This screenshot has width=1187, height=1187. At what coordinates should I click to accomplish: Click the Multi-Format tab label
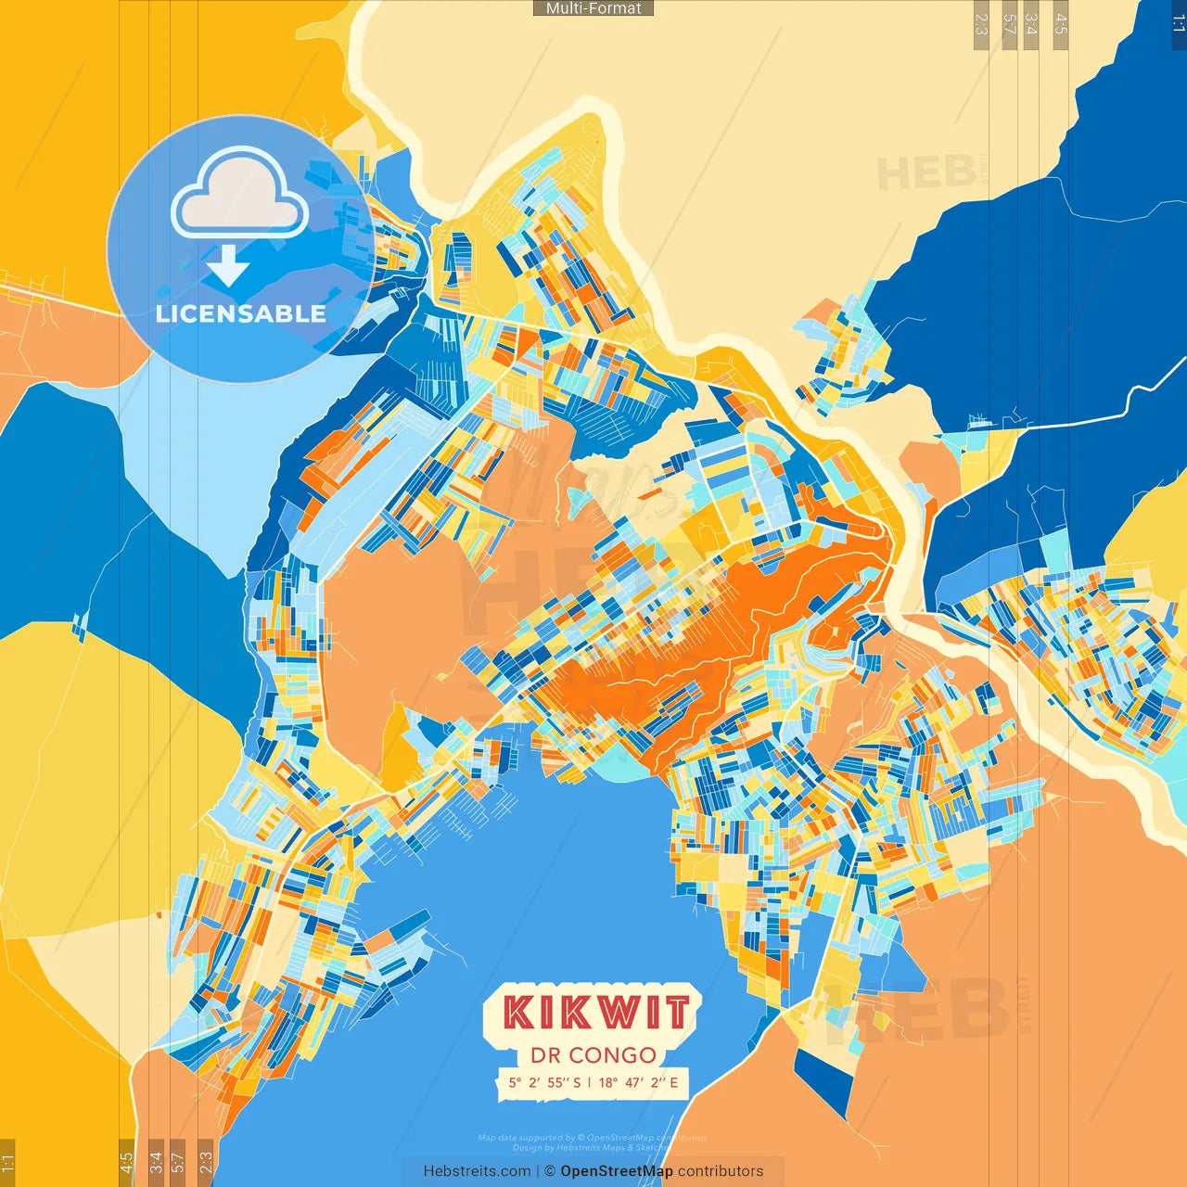pyautogui.click(x=593, y=8)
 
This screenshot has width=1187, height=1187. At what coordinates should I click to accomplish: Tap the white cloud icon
pyautogui.click(x=239, y=196)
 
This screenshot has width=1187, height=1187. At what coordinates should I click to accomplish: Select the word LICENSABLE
pyautogui.click(x=241, y=313)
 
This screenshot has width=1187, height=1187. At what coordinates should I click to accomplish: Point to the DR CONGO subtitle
pyautogui.click(x=593, y=1055)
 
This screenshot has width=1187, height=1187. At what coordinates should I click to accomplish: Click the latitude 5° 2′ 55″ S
pyautogui.click(x=544, y=1082)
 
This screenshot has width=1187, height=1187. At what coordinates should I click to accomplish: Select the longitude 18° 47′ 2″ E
pyautogui.click(x=638, y=1082)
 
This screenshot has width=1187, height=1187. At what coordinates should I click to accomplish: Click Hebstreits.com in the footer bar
pyautogui.click(x=477, y=1171)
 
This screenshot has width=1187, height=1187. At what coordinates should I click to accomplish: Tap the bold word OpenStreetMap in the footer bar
pyautogui.click(x=617, y=1171)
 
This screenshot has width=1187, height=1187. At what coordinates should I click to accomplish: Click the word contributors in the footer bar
pyautogui.click(x=721, y=1171)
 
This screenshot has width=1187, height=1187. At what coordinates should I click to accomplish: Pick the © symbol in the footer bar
pyautogui.click(x=549, y=1171)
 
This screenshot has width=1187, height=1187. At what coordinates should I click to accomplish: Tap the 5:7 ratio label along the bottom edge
pyautogui.click(x=178, y=1161)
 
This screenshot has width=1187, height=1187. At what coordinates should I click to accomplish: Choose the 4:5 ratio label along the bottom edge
pyautogui.click(x=126, y=1161)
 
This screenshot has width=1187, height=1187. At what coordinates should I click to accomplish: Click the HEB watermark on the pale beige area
pyautogui.click(x=925, y=173)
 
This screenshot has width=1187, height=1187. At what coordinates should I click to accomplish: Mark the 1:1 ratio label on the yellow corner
pyautogui.click(x=7, y=1162)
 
